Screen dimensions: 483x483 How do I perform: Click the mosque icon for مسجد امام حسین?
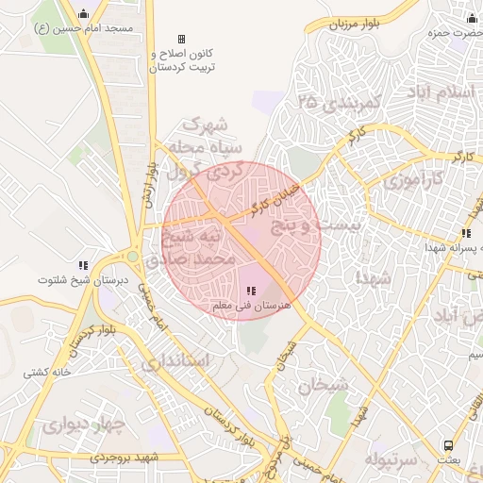click(x=84, y=14)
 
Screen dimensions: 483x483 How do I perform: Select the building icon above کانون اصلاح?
click(x=181, y=40)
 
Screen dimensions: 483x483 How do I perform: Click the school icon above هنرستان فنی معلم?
click(x=250, y=291)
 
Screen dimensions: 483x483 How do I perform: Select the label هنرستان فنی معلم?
click(x=249, y=307)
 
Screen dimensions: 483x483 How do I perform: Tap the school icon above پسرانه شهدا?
click(x=465, y=233)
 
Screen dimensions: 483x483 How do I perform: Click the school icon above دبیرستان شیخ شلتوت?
click(x=83, y=265)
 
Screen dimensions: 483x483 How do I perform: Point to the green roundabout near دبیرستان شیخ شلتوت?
click(x=133, y=256)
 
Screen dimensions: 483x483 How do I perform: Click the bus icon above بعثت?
click(x=448, y=444)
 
